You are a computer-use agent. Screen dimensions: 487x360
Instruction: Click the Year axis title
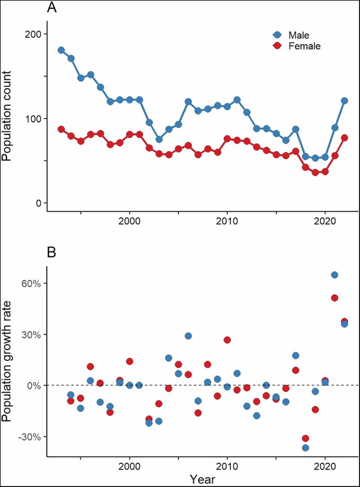[x=202, y=479]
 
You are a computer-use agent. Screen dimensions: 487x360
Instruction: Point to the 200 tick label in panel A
[x=33, y=34]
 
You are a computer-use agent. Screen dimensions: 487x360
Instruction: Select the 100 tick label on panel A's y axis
[x=33, y=119]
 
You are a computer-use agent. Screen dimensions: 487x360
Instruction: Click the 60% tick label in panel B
[x=30, y=283]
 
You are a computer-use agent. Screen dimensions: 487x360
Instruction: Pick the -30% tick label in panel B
[x=29, y=437]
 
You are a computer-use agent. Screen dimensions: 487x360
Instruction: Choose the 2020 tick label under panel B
[x=325, y=465]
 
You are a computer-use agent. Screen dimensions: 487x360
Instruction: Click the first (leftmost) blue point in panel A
[x=61, y=50]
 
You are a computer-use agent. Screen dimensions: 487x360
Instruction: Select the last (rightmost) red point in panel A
[x=344, y=138]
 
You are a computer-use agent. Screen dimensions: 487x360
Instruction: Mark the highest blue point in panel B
[x=334, y=275]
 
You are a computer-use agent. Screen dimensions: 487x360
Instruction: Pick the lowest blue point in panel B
[x=305, y=448]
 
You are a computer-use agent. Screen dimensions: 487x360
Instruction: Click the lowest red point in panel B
[x=305, y=438]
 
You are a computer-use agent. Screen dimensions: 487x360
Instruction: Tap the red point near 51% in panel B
[x=334, y=298]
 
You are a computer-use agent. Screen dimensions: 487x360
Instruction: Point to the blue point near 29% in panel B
[x=188, y=336]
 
